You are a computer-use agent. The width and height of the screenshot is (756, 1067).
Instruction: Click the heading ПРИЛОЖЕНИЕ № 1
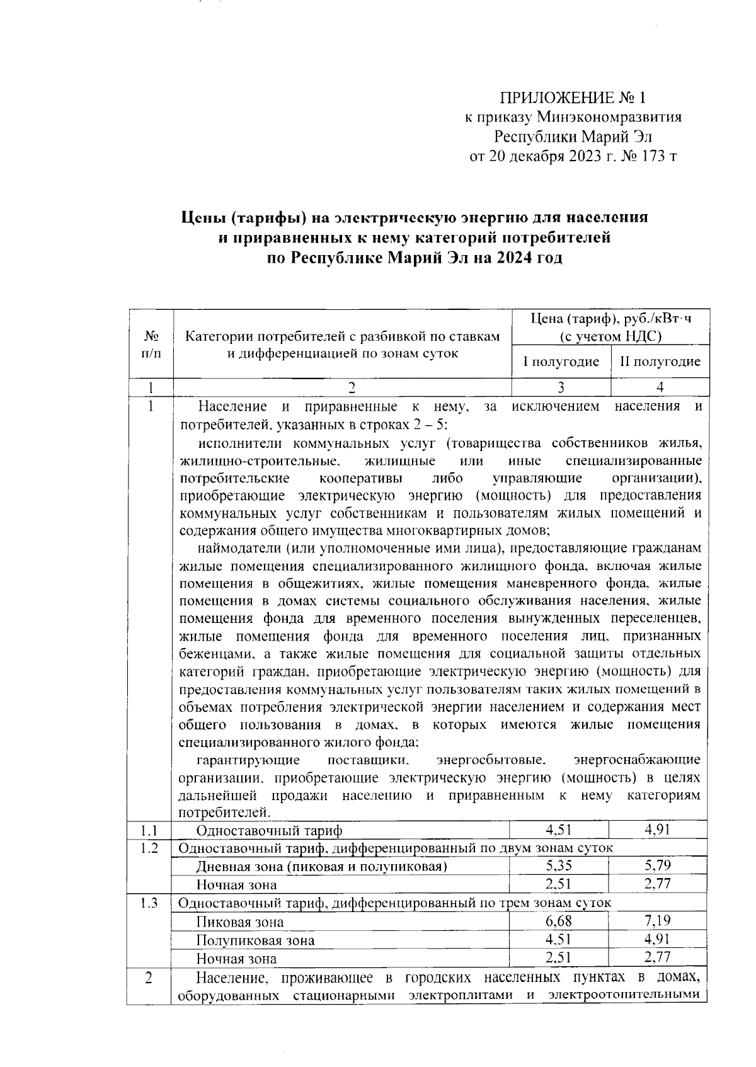(573, 98)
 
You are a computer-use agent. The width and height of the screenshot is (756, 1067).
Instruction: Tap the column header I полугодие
(561, 362)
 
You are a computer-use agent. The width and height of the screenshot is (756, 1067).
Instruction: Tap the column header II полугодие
(660, 362)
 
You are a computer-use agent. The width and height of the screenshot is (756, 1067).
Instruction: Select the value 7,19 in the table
(658, 921)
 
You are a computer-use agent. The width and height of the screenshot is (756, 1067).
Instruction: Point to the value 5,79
(658, 865)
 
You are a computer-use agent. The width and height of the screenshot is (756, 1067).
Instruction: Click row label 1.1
(149, 830)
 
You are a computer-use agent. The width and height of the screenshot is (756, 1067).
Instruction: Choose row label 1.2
(149, 848)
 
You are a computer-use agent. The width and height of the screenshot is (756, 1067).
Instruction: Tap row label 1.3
(149, 903)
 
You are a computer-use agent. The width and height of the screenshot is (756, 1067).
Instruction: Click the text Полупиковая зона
(255, 940)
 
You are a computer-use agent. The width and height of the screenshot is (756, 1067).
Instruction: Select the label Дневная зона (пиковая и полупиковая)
(321, 867)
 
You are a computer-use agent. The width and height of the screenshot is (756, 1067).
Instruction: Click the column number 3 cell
(561, 387)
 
